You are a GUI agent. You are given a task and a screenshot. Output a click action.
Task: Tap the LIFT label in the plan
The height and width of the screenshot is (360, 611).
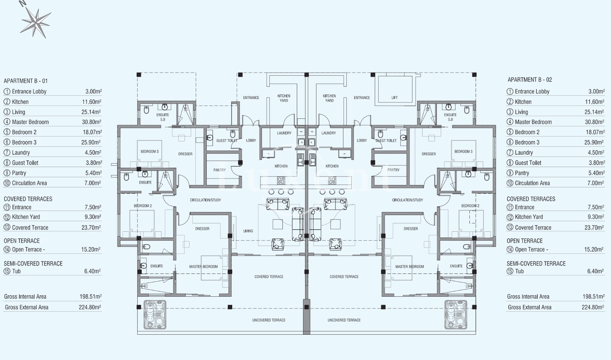[x=395, y=98]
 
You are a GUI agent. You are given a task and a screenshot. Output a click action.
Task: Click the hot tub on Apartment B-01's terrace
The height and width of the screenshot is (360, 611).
[x=154, y=314]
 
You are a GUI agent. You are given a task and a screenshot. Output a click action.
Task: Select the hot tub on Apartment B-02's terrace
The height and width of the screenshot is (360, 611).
[x=455, y=314]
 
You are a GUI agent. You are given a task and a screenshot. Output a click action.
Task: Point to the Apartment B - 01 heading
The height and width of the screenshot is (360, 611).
[x=26, y=81]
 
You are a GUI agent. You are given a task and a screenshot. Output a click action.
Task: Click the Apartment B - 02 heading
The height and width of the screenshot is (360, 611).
[x=530, y=80]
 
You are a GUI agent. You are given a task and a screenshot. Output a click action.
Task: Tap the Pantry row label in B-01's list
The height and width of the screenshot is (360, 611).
[x=19, y=173]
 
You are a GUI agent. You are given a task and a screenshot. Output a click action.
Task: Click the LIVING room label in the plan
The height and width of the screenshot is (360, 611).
[x=248, y=231]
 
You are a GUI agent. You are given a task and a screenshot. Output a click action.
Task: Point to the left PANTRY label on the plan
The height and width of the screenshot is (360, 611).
[x=219, y=170]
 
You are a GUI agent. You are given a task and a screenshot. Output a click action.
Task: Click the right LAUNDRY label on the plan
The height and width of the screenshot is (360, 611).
[x=329, y=133]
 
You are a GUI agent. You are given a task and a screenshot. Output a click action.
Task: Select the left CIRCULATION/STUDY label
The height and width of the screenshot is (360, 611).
[x=205, y=200]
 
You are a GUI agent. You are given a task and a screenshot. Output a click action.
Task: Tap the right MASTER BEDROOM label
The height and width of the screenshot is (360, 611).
[x=410, y=267]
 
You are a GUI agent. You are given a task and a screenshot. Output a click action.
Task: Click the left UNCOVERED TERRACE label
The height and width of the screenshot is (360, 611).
[x=269, y=320]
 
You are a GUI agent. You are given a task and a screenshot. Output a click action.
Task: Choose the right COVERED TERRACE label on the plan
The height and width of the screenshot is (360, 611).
[x=344, y=277]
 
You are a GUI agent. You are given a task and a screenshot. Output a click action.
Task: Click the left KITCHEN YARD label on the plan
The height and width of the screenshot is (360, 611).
[x=284, y=98]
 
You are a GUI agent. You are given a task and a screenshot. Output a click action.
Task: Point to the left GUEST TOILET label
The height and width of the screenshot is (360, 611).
[x=227, y=140]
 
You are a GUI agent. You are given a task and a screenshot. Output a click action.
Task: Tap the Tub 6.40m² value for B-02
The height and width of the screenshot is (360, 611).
[x=595, y=271]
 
